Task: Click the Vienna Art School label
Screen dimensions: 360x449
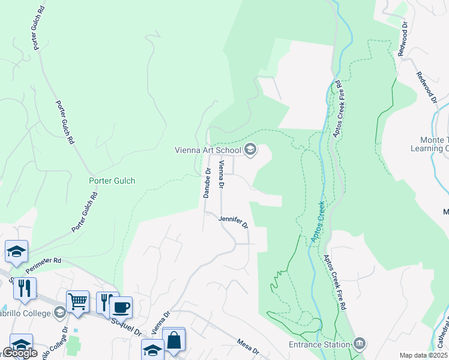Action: pos(208,150)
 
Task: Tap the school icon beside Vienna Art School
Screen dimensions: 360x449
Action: pos(250,149)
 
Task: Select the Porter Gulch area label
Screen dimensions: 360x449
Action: pos(112,181)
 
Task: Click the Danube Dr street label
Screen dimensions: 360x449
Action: pos(206,183)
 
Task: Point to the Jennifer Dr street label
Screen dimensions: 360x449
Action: pos(234,222)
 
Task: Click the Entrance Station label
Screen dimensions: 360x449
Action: pos(319,344)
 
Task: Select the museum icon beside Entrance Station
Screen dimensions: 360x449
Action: pos(360,344)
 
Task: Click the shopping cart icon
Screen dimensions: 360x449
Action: pos(78,301)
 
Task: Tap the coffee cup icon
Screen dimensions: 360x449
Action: pos(121,307)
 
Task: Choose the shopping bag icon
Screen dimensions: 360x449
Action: pos(173,340)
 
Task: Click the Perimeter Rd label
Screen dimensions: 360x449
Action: pos(49,261)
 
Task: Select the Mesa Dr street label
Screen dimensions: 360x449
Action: pos(247,346)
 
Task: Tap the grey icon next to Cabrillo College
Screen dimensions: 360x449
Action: pos(59,312)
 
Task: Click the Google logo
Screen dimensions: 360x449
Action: pos(20,353)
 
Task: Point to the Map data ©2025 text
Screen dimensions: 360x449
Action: pos(423,355)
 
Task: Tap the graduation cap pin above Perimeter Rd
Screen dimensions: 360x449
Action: pos(16,251)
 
